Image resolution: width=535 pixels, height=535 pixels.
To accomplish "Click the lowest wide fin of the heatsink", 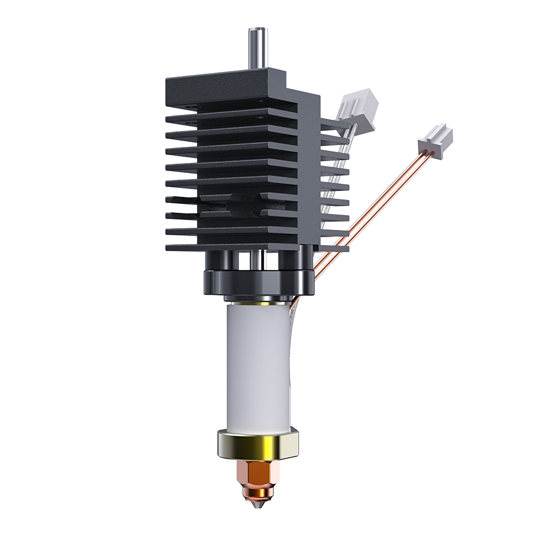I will [230, 247].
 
